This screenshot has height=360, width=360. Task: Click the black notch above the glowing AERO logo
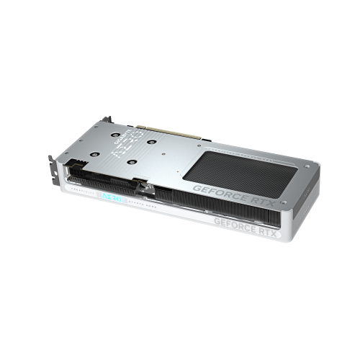(x=147, y=189)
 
